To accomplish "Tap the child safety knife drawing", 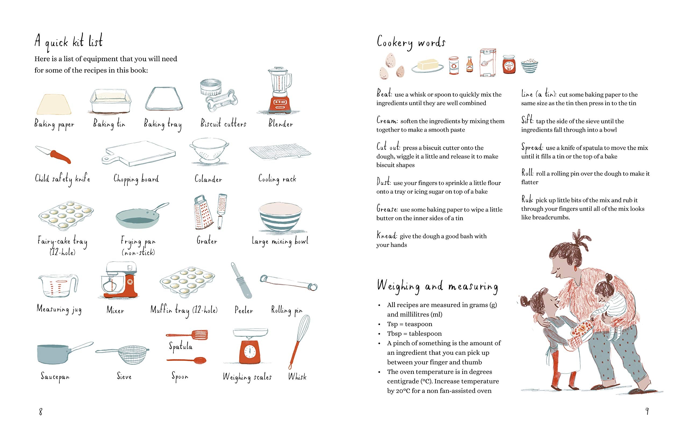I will click(x=54, y=155).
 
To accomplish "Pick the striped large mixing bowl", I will click(x=280, y=217).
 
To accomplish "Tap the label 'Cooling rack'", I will click(x=277, y=179).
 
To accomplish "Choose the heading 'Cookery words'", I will click(x=411, y=43).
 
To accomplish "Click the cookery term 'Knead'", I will click(x=386, y=235).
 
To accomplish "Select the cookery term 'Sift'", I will click(x=527, y=120).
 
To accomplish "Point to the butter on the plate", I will click(x=428, y=65).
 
